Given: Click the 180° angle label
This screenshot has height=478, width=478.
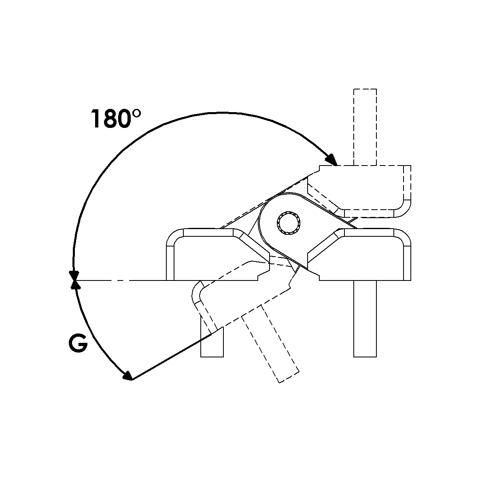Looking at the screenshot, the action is click(116, 119).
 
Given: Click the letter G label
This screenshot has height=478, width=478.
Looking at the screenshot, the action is click(78, 344).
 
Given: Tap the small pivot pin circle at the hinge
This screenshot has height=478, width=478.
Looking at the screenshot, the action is click(289, 223).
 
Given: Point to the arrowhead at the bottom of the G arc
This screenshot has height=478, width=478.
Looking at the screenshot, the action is click(127, 375).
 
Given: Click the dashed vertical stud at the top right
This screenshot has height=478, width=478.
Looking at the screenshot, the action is click(365, 127).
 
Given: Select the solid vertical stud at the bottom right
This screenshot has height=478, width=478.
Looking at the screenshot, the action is click(365, 319).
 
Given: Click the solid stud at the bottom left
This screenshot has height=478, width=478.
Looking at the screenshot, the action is click(212, 336).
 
